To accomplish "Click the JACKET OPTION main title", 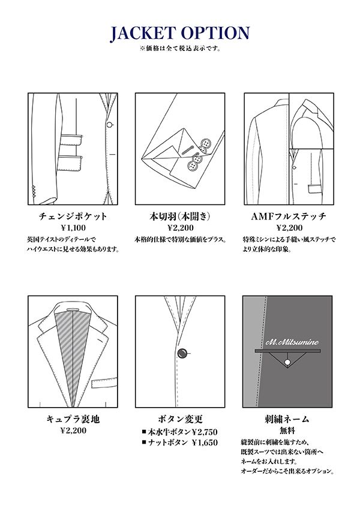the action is click(x=180, y=34).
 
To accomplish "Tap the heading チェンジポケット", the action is click(x=73, y=216).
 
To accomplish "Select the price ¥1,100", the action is click(x=73, y=228).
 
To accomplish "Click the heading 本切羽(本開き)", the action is click(x=180, y=216).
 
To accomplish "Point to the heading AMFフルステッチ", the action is click(x=289, y=216).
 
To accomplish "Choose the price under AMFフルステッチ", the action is click(x=289, y=228).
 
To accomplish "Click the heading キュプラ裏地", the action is click(x=73, y=419).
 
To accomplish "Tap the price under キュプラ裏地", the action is click(x=73, y=430).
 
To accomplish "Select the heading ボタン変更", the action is click(x=180, y=419).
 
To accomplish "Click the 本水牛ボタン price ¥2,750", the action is click(x=205, y=432).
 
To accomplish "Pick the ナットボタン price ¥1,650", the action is click(x=205, y=443).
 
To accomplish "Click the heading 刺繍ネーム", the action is click(x=287, y=419).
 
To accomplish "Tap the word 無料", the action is click(x=287, y=430).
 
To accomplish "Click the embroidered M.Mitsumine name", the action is click(x=292, y=342).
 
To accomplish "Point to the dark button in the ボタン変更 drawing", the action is click(x=182, y=353).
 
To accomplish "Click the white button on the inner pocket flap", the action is click(x=287, y=362).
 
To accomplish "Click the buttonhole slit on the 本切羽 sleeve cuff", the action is click(x=187, y=150).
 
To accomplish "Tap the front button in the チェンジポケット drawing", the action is click(x=109, y=125).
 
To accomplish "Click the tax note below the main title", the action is click(x=181, y=49).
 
